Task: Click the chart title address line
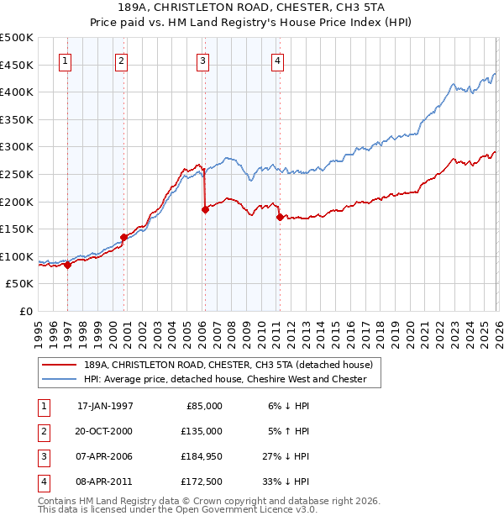click(x=252, y=9)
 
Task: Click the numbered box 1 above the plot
click(x=66, y=60)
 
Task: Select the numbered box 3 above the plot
click(x=203, y=60)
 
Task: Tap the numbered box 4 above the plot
click(x=277, y=60)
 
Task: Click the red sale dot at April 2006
click(x=205, y=210)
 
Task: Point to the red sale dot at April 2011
click(x=279, y=217)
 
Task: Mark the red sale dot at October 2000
click(x=123, y=237)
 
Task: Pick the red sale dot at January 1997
click(x=68, y=265)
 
